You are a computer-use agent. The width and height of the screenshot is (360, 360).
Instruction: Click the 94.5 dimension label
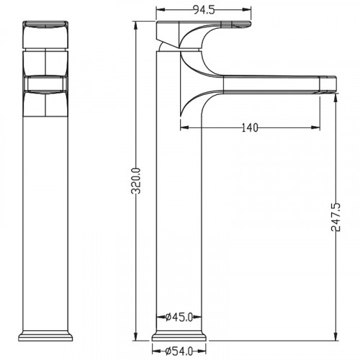click(204, 10)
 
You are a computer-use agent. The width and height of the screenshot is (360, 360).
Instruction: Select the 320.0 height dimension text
click(136, 181)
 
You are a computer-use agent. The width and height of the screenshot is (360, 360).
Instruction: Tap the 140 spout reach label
click(250, 127)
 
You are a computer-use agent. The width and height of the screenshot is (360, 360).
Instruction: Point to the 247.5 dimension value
click(336, 217)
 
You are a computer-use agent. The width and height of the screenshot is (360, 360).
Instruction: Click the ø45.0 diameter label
click(179, 318)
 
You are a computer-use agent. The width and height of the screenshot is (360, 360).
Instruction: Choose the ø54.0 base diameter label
click(179, 351)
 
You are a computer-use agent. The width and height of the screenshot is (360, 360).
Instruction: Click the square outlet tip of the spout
click(328, 84)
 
